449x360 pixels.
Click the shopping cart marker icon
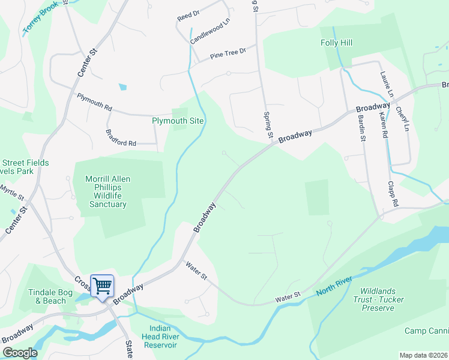point(102,286)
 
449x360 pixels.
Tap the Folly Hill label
point(336,43)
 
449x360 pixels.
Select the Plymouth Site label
point(178,121)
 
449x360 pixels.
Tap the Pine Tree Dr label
point(228,55)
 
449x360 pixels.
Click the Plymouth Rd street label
point(94,101)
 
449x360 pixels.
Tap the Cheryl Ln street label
point(402,119)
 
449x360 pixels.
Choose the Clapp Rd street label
point(393,194)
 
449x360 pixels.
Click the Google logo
point(20,353)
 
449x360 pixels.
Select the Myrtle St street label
point(12,192)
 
